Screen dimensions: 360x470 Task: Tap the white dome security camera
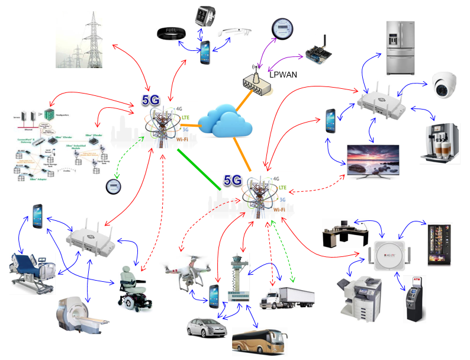[x=443, y=85]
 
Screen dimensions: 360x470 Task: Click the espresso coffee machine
[x=440, y=143]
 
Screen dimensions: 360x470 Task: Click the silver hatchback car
[x=206, y=327]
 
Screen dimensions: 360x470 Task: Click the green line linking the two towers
[x=199, y=169]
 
